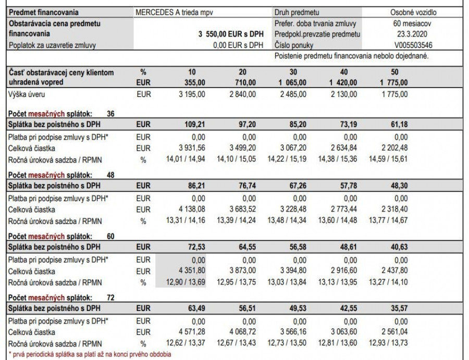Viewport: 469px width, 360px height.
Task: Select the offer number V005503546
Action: point(414,45)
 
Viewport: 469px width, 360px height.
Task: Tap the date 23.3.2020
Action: point(414,34)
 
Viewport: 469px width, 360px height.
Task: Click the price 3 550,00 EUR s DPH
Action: point(231,34)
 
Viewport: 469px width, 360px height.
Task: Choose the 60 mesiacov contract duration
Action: point(414,23)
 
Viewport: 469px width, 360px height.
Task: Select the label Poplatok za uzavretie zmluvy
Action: point(53,45)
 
